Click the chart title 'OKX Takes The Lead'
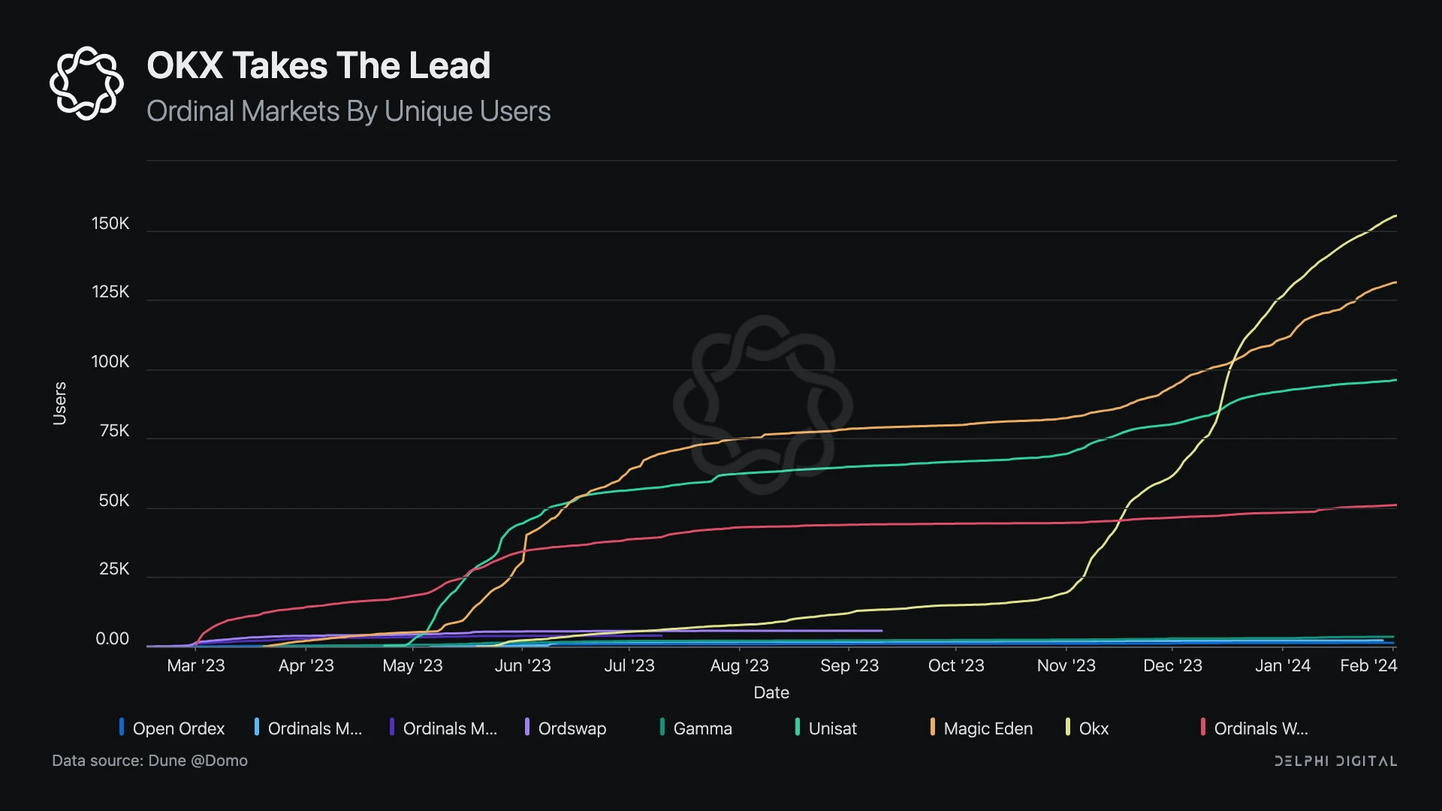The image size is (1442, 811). tap(318, 66)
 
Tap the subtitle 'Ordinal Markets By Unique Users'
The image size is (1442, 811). tap(348, 111)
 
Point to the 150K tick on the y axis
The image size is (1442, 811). tap(110, 224)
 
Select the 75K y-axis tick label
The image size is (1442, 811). tap(114, 431)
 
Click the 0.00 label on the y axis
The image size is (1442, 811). tap(112, 639)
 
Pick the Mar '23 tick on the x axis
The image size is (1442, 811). tap(195, 665)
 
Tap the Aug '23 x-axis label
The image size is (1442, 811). tap(739, 665)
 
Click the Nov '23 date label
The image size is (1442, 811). tap(1066, 665)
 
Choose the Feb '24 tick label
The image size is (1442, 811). tap(1368, 665)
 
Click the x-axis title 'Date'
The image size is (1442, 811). tap(771, 692)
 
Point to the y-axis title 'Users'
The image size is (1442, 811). tap(60, 403)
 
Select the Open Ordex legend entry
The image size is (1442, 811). tap(172, 728)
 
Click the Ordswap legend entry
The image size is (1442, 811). tap(566, 728)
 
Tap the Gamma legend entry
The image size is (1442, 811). tap(696, 728)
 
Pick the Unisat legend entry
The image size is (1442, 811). tap(826, 728)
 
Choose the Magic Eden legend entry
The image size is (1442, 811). tap(982, 728)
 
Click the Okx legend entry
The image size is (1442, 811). tap(1088, 728)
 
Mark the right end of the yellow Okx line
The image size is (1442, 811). tap(1395, 216)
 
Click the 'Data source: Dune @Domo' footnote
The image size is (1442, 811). tap(149, 761)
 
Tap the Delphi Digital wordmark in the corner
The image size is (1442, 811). tap(1335, 761)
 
